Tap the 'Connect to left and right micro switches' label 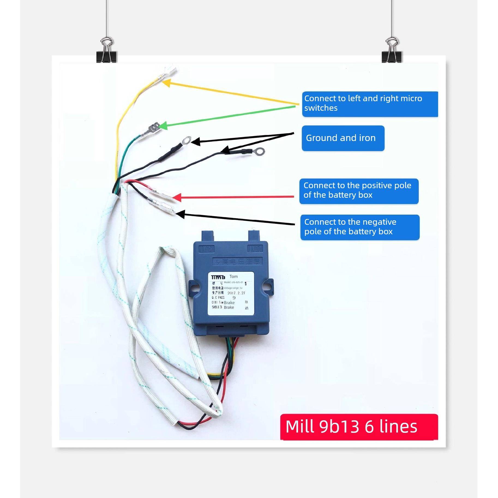pos(370,104)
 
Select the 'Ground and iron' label pos(343,138)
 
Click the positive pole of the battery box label pos(359,191)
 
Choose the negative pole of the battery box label pos(360,227)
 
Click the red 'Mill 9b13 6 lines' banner pos(359,426)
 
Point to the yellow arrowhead pos(167,82)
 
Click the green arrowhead pos(163,126)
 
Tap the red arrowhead pos(177,197)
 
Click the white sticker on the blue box pos(231,293)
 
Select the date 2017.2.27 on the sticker pos(236,293)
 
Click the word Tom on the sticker pos(234,277)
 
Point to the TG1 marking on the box pos(255,248)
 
